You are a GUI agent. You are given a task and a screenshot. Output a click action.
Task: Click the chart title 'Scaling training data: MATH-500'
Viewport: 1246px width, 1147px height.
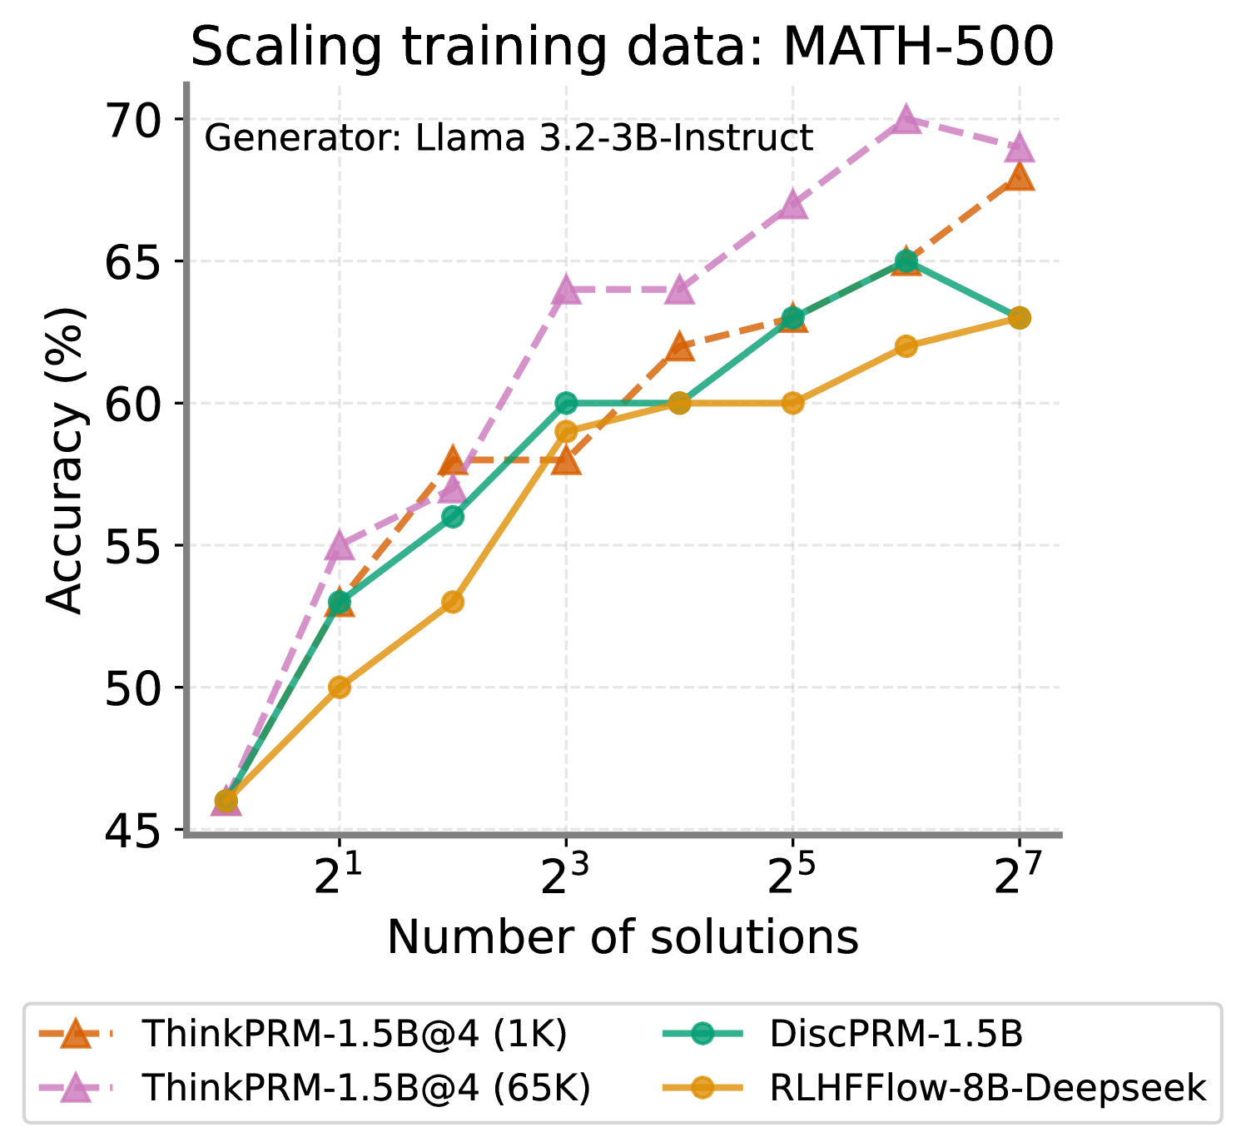click(x=623, y=47)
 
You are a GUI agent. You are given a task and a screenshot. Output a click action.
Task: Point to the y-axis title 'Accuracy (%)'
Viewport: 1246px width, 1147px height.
click(x=65, y=460)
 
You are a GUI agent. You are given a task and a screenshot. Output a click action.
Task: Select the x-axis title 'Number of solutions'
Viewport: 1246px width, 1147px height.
click(x=623, y=937)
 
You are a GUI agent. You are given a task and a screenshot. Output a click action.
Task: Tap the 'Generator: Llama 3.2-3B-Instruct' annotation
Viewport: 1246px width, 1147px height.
click(x=509, y=138)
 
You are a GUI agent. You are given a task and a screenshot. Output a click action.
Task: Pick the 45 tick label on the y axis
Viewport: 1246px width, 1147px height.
click(x=132, y=831)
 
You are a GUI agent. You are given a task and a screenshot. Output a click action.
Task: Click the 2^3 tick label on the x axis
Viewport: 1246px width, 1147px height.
click(x=565, y=877)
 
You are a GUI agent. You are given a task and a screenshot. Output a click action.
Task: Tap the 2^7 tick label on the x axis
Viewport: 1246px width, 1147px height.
click(x=1018, y=877)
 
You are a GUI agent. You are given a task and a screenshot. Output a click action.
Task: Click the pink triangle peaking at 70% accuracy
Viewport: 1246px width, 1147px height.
click(x=906, y=120)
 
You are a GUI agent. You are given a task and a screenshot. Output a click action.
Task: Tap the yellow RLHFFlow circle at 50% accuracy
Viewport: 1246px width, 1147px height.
click(x=339, y=688)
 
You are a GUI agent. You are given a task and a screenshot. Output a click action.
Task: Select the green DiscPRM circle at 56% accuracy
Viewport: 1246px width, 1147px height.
click(x=452, y=517)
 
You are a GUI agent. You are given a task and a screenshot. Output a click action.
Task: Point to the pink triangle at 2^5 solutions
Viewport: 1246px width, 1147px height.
click(x=792, y=205)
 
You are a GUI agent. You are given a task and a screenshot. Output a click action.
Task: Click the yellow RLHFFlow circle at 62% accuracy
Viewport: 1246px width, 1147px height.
click(x=906, y=346)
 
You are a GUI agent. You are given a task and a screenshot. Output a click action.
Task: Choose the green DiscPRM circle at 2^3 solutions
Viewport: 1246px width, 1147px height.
click(x=566, y=403)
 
